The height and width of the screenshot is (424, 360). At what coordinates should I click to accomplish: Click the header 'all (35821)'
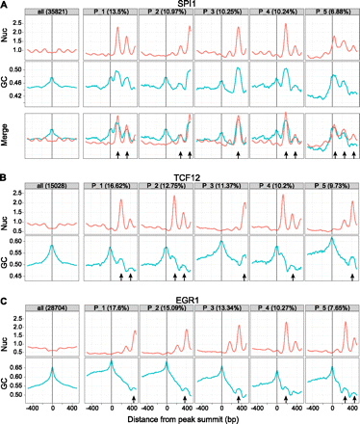click(x=52, y=17)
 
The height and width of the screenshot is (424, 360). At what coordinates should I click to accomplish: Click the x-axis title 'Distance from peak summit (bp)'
click(x=193, y=416)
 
